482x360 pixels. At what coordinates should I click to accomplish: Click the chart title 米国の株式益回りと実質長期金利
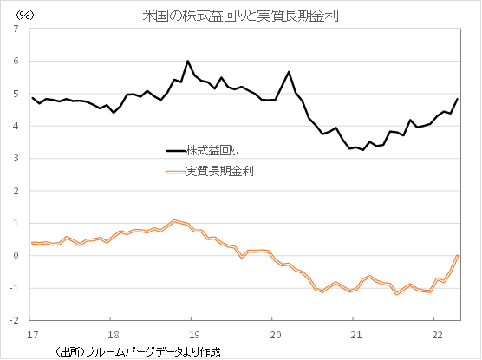point(240,15)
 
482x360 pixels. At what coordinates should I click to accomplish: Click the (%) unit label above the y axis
point(18,15)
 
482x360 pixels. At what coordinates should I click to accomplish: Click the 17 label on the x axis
point(32,332)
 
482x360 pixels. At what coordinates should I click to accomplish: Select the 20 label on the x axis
point(274,332)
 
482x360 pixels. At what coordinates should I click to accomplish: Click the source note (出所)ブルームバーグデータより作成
point(139,350)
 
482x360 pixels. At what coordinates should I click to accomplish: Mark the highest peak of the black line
point(188,62)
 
